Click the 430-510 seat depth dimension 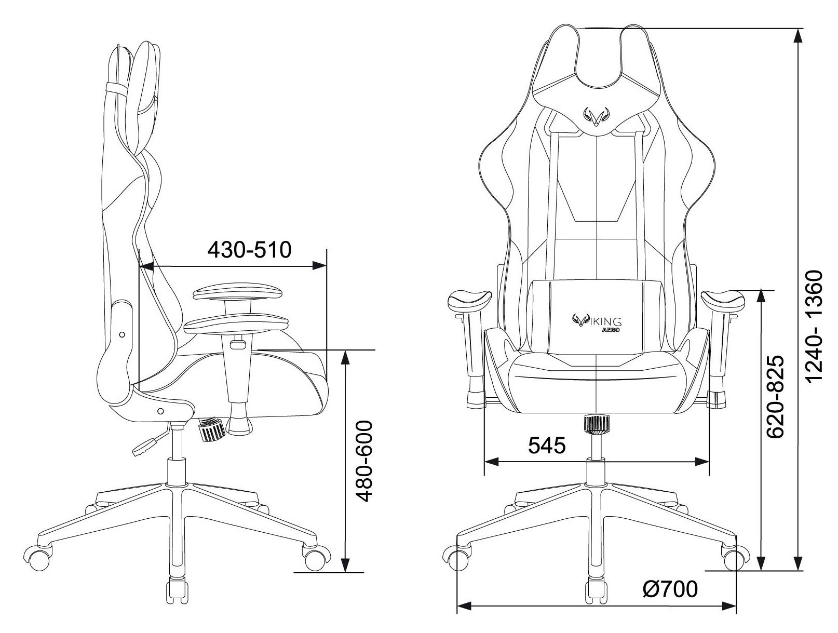coord(249,250)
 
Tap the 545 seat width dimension coord(546,445)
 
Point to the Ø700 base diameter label coord(670,589)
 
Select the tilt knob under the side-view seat coord(210,430)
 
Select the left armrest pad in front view coord(469,300)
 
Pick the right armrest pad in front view coord(723,300)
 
